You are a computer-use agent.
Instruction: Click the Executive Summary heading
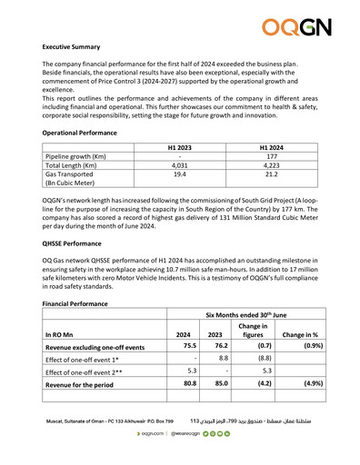point(77,45)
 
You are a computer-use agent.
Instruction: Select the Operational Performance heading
point(80,133)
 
